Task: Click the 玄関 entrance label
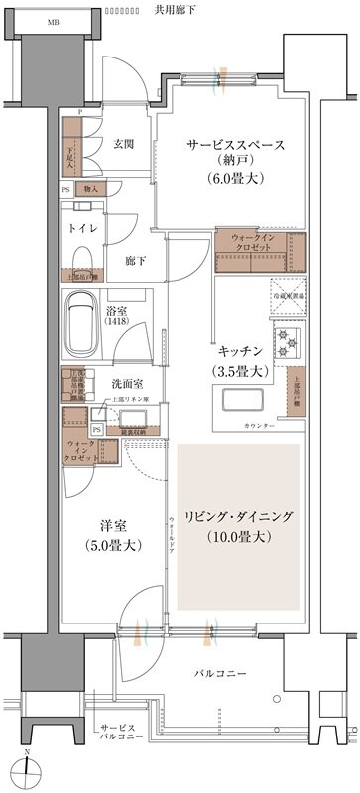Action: click(x=124, y=142)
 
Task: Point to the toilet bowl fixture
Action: click(x=81, y=259)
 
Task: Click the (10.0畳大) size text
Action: click(x=236, y=538)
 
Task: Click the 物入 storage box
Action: click(x=91, y=187)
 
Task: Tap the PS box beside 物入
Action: click(x=66, y=187)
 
